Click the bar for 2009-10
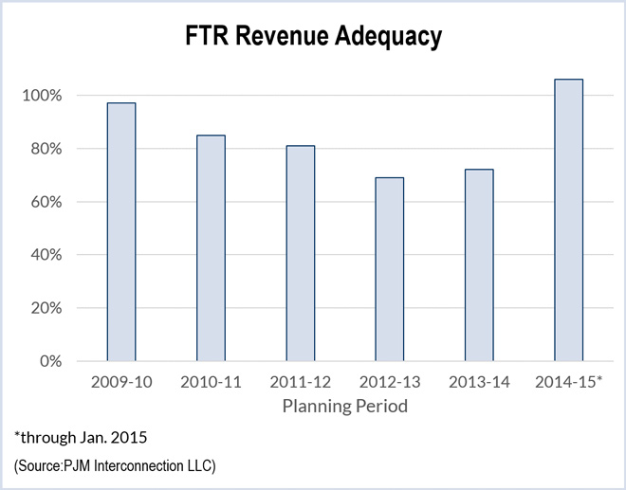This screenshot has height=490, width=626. point(120,232)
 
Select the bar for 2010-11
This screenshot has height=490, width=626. point(211,248)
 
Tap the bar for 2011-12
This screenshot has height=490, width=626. point(300,253)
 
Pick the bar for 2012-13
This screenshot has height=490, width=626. point(389,269)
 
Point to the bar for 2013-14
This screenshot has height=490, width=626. point(478,265)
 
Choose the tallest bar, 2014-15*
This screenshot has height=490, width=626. point(568,220)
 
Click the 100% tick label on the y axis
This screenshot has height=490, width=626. point(42,96)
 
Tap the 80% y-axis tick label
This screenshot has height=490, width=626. point(46,149)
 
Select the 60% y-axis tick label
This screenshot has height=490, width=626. point(46,202)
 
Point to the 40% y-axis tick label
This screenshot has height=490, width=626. point(46,255)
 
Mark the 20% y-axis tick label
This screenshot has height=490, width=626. point(46,308)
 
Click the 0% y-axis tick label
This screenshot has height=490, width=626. point(49,361)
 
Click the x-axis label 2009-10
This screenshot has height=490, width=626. point(120,383)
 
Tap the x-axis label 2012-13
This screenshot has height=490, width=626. point(389,383)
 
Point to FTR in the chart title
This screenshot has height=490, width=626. point(204,37)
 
